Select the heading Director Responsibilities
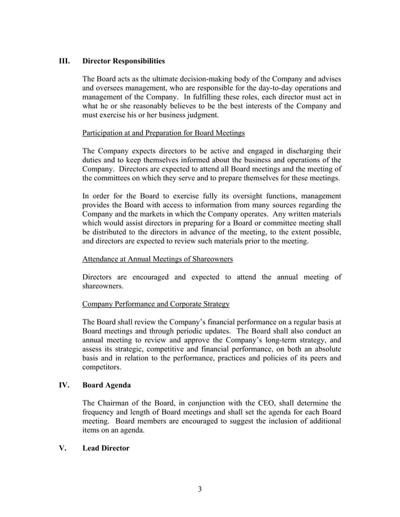pos(124,61)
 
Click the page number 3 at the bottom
pos(199,489)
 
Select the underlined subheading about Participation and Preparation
pos(163,133)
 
